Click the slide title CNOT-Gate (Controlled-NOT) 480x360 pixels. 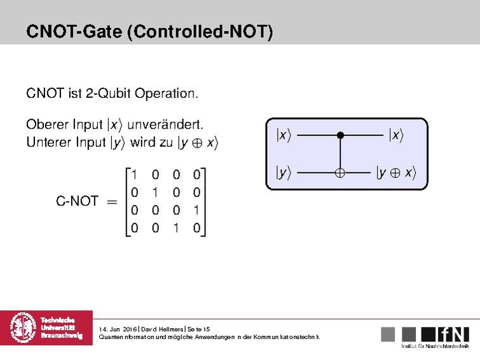pos(149,31)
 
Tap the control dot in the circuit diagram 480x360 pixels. pos(340,135)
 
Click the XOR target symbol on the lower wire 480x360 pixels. pos(340,172)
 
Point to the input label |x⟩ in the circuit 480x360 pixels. pos(283,135)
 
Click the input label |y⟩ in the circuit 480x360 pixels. pos(283,172)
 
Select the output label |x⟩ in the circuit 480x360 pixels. pos(395,135)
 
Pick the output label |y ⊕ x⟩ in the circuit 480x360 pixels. pos(395,172)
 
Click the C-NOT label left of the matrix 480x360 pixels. pos(77,202)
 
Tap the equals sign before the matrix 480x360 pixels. pos(112,202)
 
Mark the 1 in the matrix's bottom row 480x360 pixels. pos(176,227)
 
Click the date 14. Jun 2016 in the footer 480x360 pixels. pos(119,329)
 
